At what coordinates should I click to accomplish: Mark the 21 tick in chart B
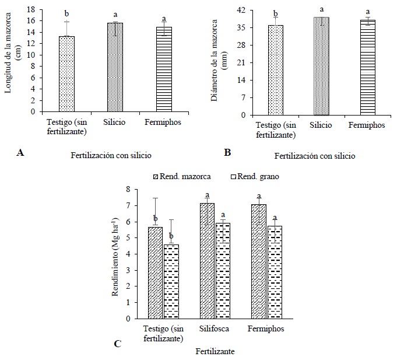point(245,62)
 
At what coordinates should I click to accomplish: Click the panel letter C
point(117,343)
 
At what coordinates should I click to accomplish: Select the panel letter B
point(227,153)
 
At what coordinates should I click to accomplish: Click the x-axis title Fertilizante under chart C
point(215,351)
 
